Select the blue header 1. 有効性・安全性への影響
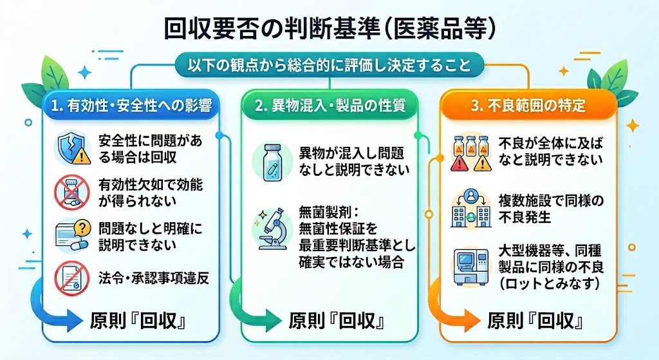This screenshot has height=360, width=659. click(x=131, y=105)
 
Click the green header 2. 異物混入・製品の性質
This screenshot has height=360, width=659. click(x=329, y=105)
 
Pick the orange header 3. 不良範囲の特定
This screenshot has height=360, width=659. click(x=528, y=105)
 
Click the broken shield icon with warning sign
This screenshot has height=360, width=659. click(x=73, y=148)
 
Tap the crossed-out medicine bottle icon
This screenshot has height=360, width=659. click(x=72, y=193)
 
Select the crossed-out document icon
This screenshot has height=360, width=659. click(x=72, y=278)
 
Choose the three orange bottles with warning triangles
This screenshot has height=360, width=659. click(x=470, y=153)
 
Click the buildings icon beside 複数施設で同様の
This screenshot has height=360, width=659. click(x=470, y=209)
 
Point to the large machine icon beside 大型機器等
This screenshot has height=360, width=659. click(x=471, y=267)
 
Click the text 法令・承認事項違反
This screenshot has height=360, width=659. click(x=154, y=278)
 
